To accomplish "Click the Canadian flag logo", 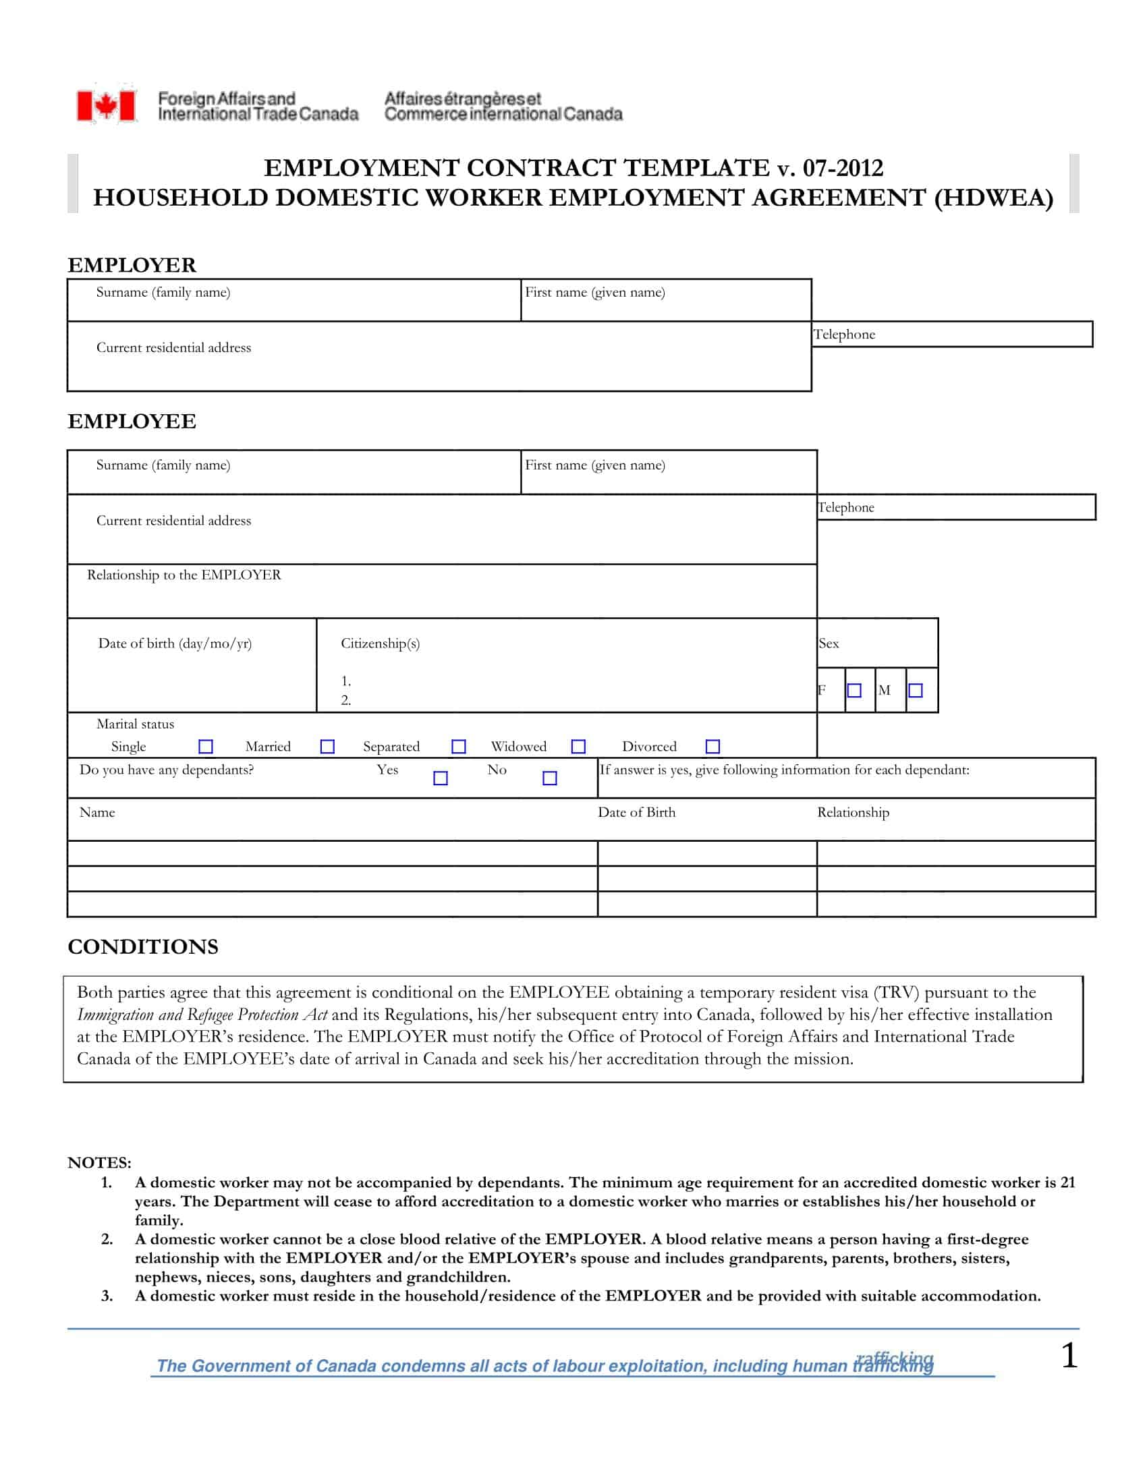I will [106, 106].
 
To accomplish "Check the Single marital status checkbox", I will [205, 747].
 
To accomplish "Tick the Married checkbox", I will [327, 747].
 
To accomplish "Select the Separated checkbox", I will [459, 747].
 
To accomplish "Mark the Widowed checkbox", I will [578, 747].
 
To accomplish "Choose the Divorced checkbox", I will [712, 747].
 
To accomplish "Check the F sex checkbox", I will [854, 690].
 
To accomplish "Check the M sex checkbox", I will [916, 690].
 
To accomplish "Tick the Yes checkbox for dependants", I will [441, 778].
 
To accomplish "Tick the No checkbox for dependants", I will [550, 778].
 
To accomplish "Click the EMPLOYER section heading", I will [132, 265].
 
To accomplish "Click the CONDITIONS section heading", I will [142, 946].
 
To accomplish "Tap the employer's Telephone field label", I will [844, 335].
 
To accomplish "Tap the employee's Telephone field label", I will [846, 507].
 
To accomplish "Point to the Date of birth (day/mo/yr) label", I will [175, 644].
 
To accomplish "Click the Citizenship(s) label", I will [380, 644].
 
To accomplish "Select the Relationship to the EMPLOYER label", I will [184, 575].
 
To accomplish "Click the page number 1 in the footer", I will [1069, 1357].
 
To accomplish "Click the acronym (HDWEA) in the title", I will [993, 198].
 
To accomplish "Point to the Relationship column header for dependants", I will [853, 813].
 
